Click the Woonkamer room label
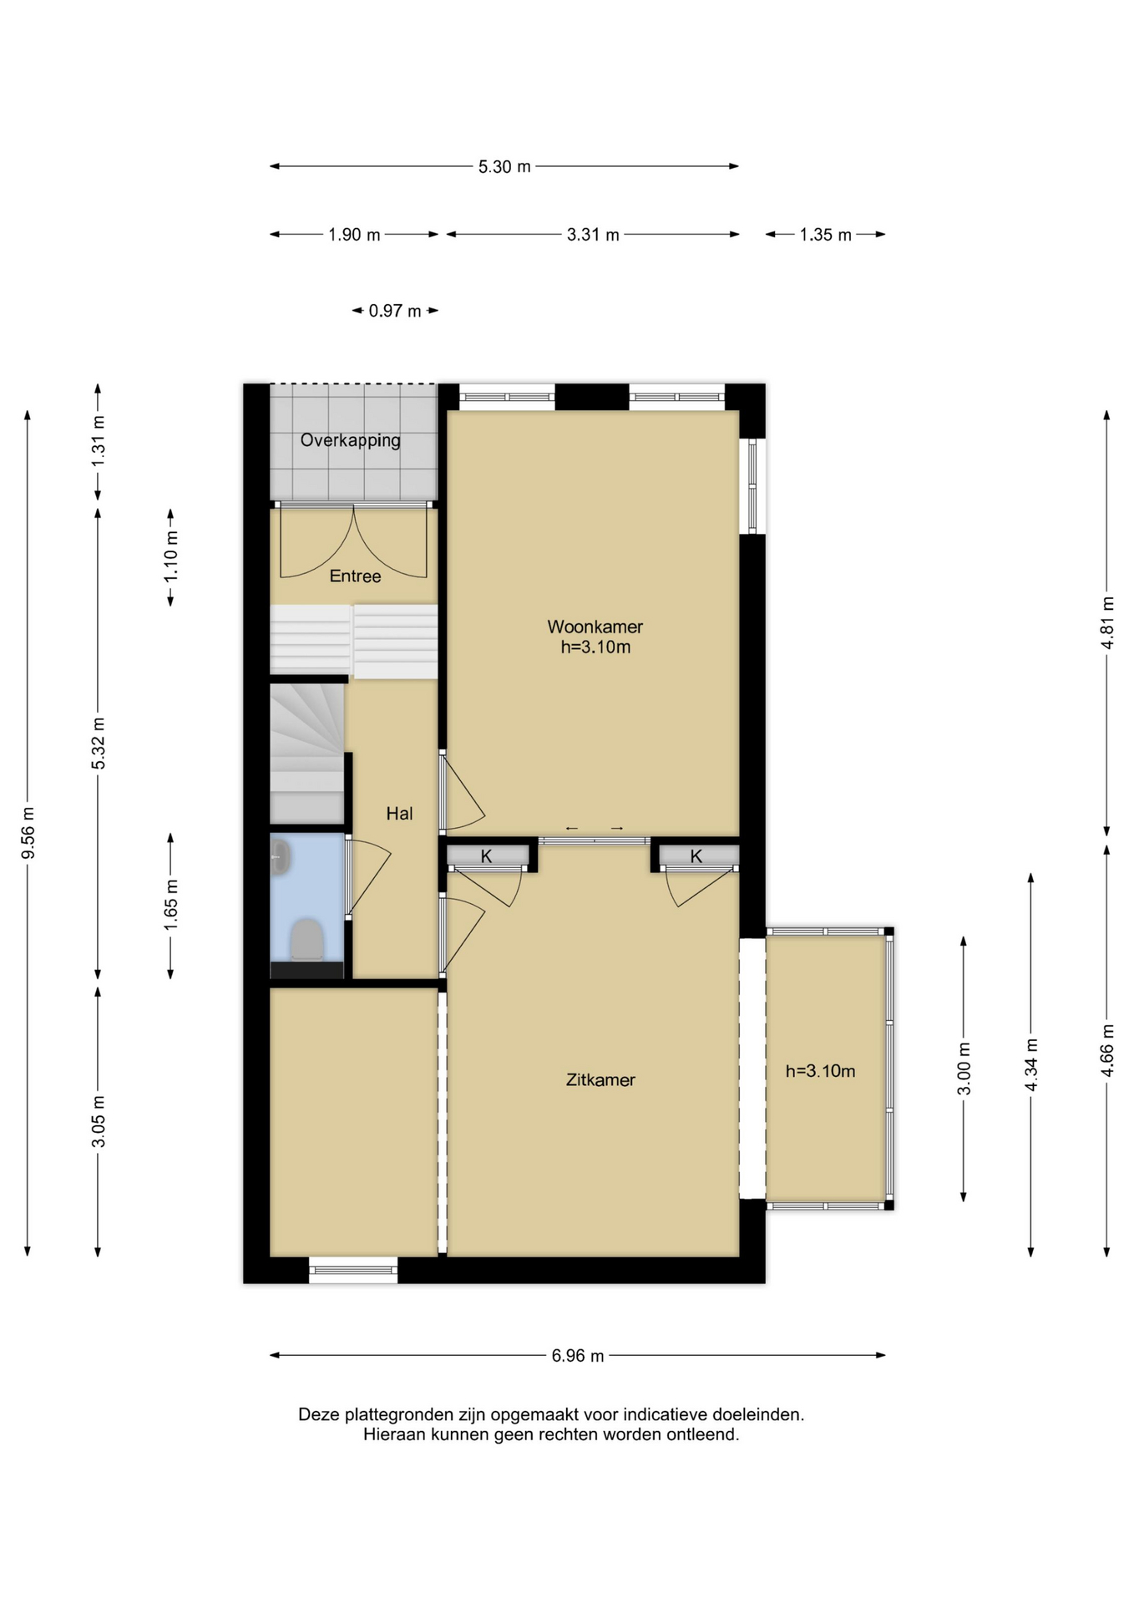[595, 626]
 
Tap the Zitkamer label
[600, 1079]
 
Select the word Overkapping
[350, 440]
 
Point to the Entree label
[355, 576]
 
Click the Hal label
[399, 813]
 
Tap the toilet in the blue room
[307, 939]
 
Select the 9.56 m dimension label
[28, 832]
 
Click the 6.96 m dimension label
[577, 1355]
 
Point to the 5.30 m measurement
[504, 166]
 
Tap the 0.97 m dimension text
[395, 311]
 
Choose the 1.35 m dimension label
[825, 235]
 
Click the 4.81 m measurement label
[1107, 622]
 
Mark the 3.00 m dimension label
[964, 1068]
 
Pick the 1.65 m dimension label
[170, 905]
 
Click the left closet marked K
[488, 855]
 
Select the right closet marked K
[698, 855]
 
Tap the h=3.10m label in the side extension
[820, 1071]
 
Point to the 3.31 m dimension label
[593, 235]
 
